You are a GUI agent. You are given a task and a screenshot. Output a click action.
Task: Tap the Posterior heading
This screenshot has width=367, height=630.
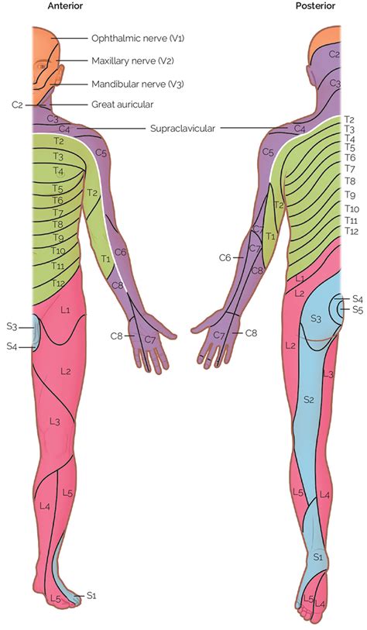point(315,5)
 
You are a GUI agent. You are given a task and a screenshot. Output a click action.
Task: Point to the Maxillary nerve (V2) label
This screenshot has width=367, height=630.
point(132,60)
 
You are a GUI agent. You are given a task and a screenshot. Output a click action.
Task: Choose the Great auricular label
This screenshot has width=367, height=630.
point(122,105)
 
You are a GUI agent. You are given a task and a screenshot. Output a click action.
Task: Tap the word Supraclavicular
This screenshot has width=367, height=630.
point(183,128)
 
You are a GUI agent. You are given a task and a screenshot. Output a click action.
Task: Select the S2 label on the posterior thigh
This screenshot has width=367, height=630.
point(308,399)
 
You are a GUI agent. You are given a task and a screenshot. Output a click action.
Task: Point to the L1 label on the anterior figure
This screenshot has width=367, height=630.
point(66,310)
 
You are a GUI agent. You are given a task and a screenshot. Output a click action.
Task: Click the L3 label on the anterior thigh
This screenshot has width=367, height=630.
point(55,422)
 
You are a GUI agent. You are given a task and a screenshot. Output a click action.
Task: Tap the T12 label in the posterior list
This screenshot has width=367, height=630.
point(352,231)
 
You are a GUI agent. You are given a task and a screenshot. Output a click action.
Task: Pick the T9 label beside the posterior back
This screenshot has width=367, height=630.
point(350,195)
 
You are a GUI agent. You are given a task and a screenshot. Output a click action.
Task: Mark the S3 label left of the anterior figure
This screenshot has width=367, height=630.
point(12,327)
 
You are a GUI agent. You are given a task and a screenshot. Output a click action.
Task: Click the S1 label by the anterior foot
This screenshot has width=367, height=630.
point(91,595)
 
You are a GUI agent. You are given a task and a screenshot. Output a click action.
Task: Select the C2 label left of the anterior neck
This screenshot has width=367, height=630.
point(17,105)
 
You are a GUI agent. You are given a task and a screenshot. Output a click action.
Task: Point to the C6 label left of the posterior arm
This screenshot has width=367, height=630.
point(225,257)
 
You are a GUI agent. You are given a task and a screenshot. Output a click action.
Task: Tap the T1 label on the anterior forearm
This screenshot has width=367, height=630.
point(105,259)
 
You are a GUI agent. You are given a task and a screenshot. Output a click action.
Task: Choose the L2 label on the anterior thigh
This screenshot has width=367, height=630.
point(66,372)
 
